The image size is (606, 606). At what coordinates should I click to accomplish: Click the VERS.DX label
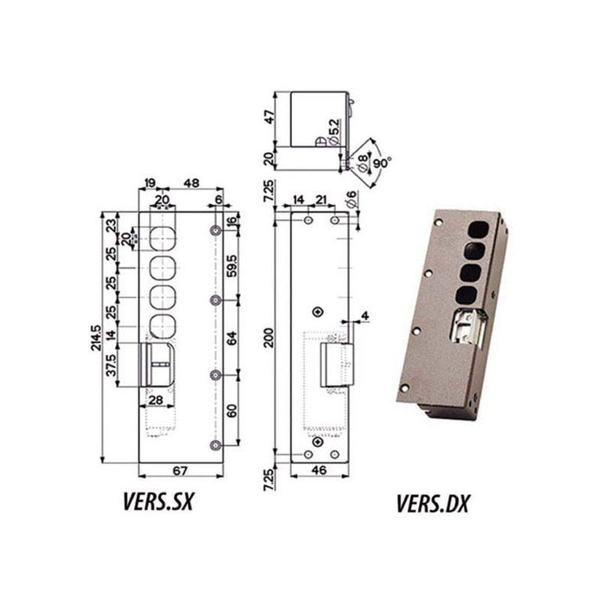pyautogui.click(x=432, y=502)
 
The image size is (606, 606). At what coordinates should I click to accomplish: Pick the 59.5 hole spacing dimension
pyautogui.click(x=231, y=263)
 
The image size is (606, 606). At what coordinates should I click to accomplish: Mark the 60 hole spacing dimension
pyautogui.click(x=231, y=409)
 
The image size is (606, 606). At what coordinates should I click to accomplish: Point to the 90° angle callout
pyautogui.click(x=382, y=163)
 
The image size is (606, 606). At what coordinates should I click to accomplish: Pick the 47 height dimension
pyautogui.click(x=269, y=117)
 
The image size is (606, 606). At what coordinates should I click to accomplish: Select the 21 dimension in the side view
pyautogui.click(x=321, y=200)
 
